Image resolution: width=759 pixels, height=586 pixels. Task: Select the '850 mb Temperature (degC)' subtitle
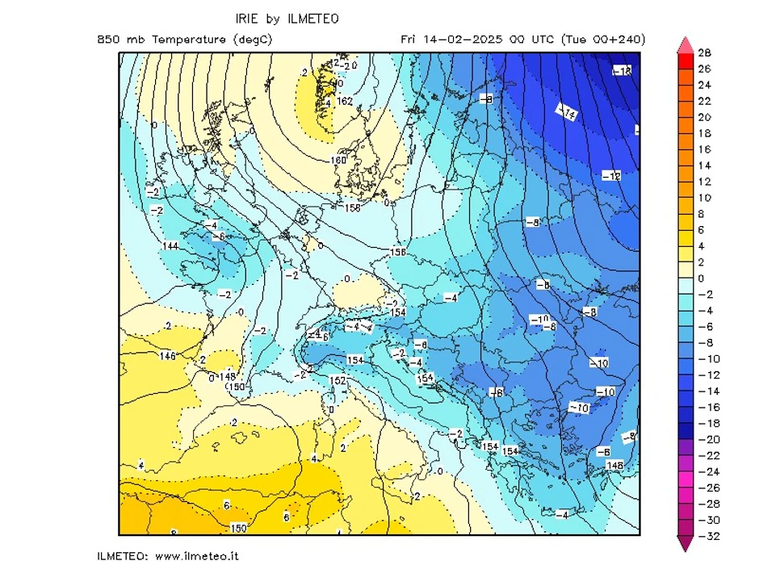click(x=184, y=40)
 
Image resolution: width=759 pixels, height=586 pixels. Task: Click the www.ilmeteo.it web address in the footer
click(x=196, y=556)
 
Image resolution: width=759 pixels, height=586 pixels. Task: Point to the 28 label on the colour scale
click(x=704, y=53)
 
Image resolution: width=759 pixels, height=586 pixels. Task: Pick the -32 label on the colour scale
click(x=704, y=536)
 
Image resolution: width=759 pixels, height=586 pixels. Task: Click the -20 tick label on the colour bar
click(x=704, y=439)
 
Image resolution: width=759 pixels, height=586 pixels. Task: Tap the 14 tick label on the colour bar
click(x=704, y=165)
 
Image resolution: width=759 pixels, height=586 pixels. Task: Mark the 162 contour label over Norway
click(x=346, y=101)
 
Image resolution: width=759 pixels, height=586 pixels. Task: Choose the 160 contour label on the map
click(x=339, y=160)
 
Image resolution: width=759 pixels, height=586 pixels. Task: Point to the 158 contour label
click(x=352, y=208)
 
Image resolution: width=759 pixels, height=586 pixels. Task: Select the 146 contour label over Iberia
click(x=167, y=356)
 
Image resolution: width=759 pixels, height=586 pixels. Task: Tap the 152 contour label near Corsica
click(x=338, y=380)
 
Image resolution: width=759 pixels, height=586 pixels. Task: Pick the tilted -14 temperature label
click(x=568, y=114)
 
